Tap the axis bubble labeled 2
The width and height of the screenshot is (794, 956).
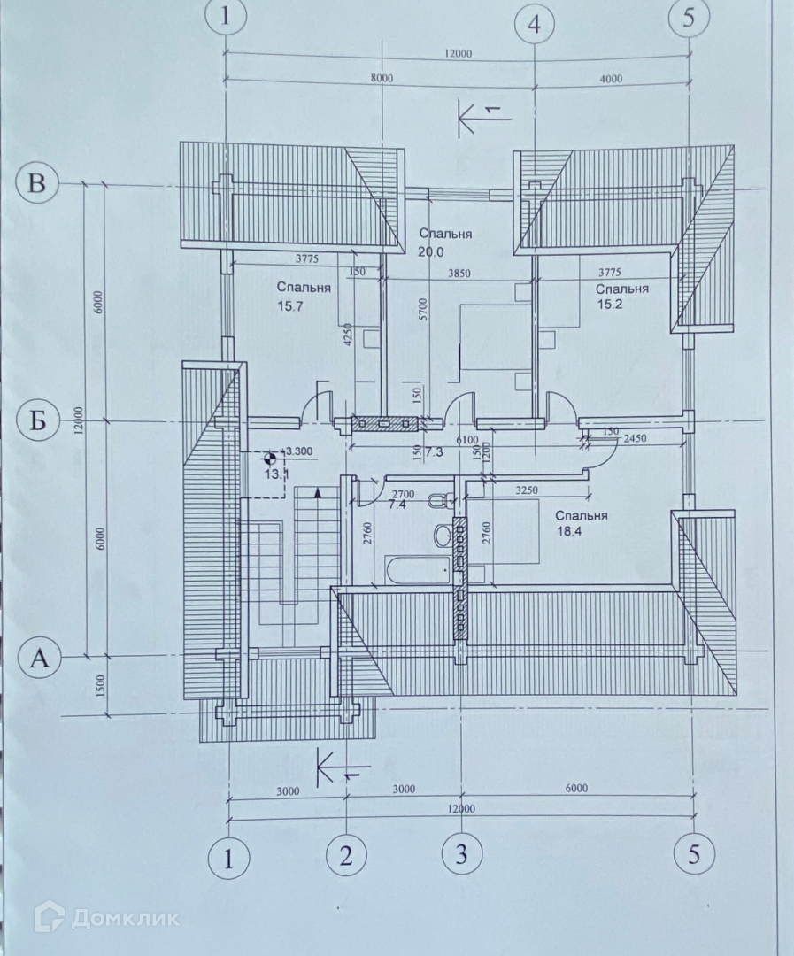pyautogui.click(x=346, y=854)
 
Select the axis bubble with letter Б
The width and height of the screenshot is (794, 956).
pyautogui.click(x=37, y=420)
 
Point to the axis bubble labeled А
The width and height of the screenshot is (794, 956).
pyautogui.click(x=37, y=657)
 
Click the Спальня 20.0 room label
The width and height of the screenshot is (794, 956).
pyautogui.click(x=444, y=242)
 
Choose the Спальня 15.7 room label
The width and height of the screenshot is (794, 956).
pyautogui.click(x=303, y=296)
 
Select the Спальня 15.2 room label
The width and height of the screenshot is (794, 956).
pyautogui.click(x=621, y=297)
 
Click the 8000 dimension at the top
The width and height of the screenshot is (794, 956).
pyautogui.click(x=382, y=78)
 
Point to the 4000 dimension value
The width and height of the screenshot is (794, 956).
pyautogui.click(x=611, y=78)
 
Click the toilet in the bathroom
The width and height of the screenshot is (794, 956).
pyautogui.click(x=436, y=502)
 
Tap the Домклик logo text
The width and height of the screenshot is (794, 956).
pyautogui.click(x=124, y=918)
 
